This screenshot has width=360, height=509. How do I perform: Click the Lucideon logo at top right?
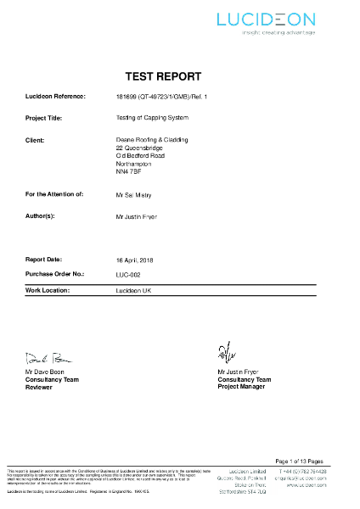pyautogui.click(x=266, y=20)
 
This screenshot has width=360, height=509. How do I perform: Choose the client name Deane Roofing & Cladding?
pyautogui.click(x=151, y=138)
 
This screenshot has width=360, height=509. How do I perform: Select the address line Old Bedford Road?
pyautogui.click(x=140, y=155)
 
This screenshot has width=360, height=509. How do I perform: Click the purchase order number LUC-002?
pyautogui.click(x=128, y=274)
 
